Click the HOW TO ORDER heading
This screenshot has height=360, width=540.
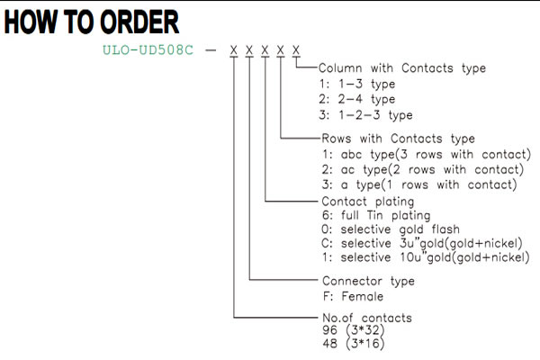[92, 22]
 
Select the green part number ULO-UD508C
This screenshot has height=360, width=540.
[148, 50]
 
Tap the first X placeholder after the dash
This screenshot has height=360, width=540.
[234, 50]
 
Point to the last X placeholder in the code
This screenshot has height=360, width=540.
[296, 50]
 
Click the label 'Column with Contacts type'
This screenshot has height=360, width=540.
[402, 68]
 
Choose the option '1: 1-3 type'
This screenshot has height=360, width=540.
[356, 84]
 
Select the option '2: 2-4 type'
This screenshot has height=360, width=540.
[356, 99]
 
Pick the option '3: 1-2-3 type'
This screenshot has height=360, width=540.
[365, 114]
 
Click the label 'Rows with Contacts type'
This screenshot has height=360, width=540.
[398, 139]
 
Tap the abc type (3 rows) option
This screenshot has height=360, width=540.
[427, 154]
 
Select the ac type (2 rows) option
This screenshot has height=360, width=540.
[423, 169]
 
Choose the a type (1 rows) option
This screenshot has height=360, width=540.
[419, 184]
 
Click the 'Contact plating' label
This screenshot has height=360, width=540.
[368, 202]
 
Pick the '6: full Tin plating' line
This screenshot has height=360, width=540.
[376, 216]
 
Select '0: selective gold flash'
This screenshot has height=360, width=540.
[391, 229]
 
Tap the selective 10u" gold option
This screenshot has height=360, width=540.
[426, 257]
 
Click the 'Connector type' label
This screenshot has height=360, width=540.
[368, 281]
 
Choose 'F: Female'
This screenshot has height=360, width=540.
[353, 296]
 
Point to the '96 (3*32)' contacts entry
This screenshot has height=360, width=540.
[354, 330]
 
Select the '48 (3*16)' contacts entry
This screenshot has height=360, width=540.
[354, 344]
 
